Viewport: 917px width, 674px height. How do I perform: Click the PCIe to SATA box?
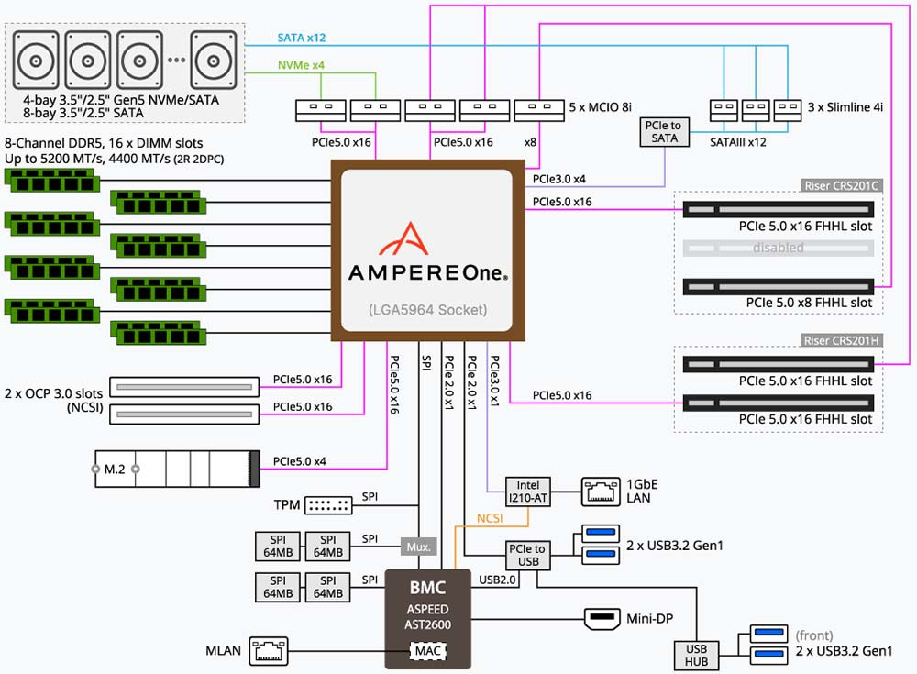664,131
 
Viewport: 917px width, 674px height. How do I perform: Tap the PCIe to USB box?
527,555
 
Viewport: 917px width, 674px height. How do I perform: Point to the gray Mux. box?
418,547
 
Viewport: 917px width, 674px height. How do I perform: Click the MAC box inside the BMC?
426,651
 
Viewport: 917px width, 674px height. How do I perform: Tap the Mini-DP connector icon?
602,619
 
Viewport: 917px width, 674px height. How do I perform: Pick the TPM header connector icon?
327,505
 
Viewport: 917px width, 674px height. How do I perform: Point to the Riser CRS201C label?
841,185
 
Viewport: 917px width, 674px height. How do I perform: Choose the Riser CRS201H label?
841,340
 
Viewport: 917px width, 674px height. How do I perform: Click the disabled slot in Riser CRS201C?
778,248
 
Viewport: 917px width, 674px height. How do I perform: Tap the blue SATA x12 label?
302,39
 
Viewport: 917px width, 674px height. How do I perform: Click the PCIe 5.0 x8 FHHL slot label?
809,302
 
